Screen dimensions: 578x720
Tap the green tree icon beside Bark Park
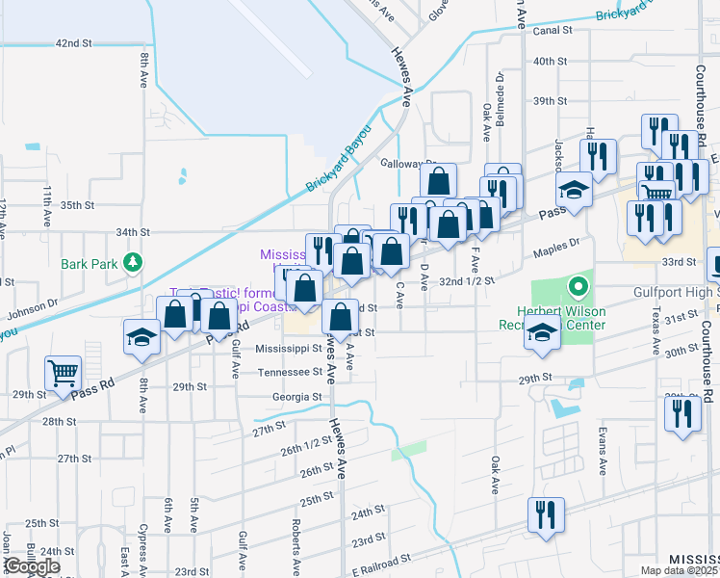click(x=135, y=262)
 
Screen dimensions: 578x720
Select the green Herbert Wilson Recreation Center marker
click(x=578, y=285)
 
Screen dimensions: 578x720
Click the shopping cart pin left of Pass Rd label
click(x=63, y=371)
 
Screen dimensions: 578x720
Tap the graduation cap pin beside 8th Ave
click(x=141, y=338)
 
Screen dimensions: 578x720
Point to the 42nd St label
click(x=72, y=43)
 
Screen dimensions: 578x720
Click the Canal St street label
click(x=553, y=30)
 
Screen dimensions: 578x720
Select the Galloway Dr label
click(x=408, y=164)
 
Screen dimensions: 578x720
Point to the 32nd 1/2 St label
click(x=466, y=280)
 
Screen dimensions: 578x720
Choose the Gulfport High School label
click(x=670, y=291)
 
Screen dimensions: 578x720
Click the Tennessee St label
click(x=289, y=371)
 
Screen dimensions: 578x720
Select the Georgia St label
click(x=296, y=396)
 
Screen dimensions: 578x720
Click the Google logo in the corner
click(x=32, y=566)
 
